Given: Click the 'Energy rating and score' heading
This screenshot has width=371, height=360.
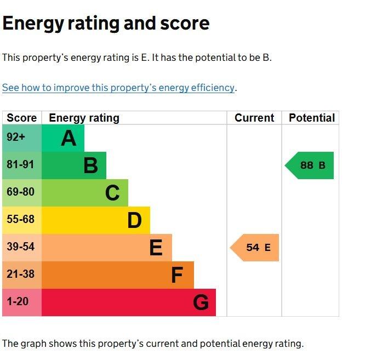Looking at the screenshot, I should [106, 24].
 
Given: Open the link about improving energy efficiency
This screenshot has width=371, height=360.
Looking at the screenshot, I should [118, 88].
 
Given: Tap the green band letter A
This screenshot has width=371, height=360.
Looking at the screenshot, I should [69, 138].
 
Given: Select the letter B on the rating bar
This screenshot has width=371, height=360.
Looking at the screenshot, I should [90, 165].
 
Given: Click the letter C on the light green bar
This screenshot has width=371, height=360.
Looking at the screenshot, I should [112, 193].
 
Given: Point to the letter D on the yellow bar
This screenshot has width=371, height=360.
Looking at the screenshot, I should [134, 220].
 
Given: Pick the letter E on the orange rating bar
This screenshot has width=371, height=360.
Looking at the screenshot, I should [156, 248].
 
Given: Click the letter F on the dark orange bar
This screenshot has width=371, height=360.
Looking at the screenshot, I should [176, 275].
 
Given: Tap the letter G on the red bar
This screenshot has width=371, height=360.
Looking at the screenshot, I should [201, 302].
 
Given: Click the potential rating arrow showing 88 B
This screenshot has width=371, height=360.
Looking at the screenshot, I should [310, 165].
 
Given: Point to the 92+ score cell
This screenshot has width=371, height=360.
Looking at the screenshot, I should [16, 138].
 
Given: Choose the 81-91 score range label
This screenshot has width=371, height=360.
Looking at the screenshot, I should [20, 165].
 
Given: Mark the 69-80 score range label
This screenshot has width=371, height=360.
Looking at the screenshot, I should [20, 192].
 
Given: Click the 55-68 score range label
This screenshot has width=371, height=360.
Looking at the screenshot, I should [20, 220].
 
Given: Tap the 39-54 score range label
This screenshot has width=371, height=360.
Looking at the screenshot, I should [20, 247].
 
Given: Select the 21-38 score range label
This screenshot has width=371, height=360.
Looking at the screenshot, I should [20, 275].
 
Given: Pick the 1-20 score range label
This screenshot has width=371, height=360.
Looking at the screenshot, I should [18, 302].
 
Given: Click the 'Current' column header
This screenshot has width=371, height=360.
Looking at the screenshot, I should [254, 118].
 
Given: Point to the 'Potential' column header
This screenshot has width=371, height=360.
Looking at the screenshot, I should [311, 118].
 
